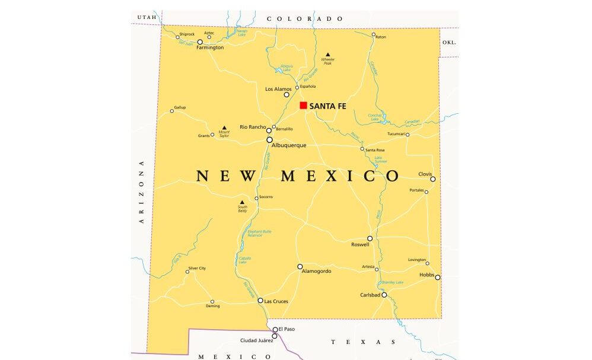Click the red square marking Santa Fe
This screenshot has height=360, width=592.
click(x=303, y=106)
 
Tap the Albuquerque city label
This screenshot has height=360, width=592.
click(x=290, y=145)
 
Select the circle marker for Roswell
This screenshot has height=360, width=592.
click(x=370, y=238)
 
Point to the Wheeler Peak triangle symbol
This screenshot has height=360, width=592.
click(x=327, y=55)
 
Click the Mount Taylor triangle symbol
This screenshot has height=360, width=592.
click(x=224, y=128)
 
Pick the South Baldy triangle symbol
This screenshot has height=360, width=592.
click(x=241, y=202)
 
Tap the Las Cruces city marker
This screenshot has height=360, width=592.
click(x=260, y=301)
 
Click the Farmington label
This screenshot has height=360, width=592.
click(x=210, y=47)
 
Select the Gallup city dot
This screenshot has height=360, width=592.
click(x=172, y=111)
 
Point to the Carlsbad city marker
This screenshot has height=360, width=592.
click(x=384, y=295)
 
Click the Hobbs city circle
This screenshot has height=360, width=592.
click(x=438, y=277)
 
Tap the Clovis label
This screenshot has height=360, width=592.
click(x=425, y=174)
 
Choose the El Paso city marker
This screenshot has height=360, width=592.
click(x=275, y=329)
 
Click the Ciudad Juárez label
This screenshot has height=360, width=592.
click(x=256, y=340)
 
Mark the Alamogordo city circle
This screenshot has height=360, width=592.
click(x=300, y=267)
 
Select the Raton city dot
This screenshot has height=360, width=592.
click(x=374, y=34)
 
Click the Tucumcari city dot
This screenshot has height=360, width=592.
click(x=407, y=135)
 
